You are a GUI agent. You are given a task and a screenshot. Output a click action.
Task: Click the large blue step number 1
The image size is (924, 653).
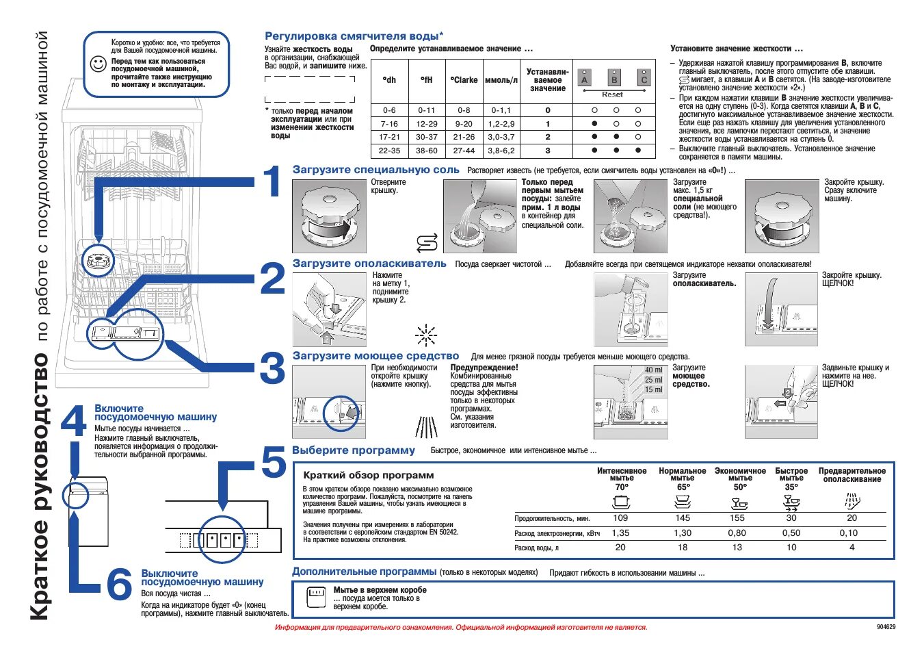pyautogui.click(x=272, y=182)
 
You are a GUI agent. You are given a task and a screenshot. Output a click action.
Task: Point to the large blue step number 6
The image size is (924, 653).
pyautogui.click(x=119, y=585)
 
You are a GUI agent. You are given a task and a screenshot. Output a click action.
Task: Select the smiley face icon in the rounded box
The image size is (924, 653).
pyautogui.click(x=98, y=64)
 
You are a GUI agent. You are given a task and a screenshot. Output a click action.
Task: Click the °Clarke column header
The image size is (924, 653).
pyautogui.click(x=464, y=80)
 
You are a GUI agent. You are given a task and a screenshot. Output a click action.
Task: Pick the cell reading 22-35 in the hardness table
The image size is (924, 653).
pyautogui.click(x=389, y=151)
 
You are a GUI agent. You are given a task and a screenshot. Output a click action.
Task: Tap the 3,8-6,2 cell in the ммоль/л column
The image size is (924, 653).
pyautogui.click(x=501, y=151)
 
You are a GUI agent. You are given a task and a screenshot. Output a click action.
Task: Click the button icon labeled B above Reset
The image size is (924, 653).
pyautogui.click(x=614, y=78)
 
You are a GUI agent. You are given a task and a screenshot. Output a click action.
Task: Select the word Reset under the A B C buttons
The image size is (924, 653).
pyautogui.click(x=612, y=94)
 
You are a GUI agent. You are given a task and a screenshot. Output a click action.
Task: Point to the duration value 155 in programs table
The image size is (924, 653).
pyautogui.click(x=737, y=518)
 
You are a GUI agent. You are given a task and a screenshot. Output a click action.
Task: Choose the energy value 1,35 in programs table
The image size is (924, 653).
pyautogui.click(x=620, y=533)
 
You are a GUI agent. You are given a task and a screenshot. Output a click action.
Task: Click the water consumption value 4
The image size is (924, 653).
pyautogui.click(x=852, y=547)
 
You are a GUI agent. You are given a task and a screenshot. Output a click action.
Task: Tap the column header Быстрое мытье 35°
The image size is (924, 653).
pyautogui.click(x=791, y=478)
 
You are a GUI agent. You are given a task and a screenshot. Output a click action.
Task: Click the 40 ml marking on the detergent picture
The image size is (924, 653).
pyautogui.click(x=653, y=370)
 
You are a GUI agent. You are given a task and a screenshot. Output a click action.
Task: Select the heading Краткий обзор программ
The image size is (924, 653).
pyautogui.click(x=369, y=475)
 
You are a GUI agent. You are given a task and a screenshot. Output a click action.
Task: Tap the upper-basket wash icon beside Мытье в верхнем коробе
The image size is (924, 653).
pyautogui.click(x=316, y=596)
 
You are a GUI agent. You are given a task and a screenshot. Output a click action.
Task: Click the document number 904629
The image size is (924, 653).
pyautogui.click(x=886, y=627)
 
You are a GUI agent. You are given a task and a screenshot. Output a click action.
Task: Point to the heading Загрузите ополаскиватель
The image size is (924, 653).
pyautogui.click(x=369, y=264)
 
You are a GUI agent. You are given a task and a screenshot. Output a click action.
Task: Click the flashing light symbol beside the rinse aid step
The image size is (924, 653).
pyautogui.click(x=425, y=335)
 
